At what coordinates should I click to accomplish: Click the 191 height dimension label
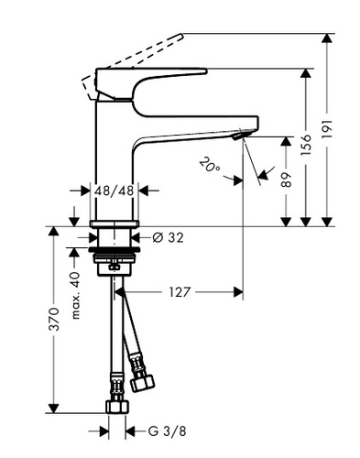coord(327,129)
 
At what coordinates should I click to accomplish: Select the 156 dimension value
coord(306,145)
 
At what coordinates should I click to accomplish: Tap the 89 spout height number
coord(286,180)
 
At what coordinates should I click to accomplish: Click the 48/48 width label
coord(115,191)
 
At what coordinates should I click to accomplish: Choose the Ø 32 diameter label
coord(168,237)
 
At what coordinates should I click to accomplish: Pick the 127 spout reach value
coord(180,292)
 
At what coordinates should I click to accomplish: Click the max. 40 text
coord(76,296)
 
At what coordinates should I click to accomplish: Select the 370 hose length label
coord(54,320)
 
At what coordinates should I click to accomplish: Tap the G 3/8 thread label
coord(167,431)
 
